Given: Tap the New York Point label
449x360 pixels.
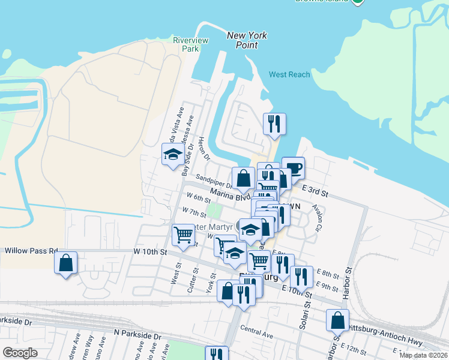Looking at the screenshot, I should pyautogui.click(x=247, y=41).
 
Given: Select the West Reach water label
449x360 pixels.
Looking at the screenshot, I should pyautogui.click(x=289, y=74).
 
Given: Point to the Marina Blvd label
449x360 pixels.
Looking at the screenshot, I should pyautogui.click(x=230, y=196).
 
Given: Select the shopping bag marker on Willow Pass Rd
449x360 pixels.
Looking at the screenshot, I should pyautogui.click(x=65, y=262).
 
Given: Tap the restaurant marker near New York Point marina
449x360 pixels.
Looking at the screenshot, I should pyautogui.click(x=274, y=124).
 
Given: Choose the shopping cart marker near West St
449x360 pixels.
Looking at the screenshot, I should pyautogui.click(x=183, y=235).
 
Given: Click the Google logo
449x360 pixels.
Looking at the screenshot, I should pyautogui.click(x=20, y=352).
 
